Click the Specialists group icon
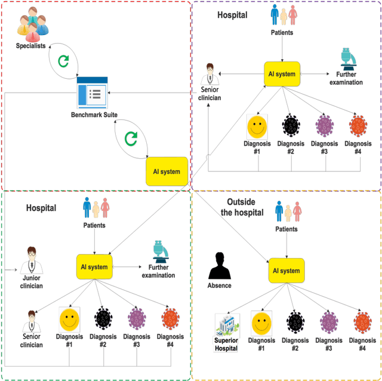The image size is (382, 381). [31, 22]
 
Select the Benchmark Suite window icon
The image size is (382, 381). [93, 92]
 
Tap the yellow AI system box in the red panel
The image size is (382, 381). [167, 171]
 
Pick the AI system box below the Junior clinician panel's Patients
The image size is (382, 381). [95, 266]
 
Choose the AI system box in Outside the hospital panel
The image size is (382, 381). [286, 270]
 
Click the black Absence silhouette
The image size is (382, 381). [220, 266]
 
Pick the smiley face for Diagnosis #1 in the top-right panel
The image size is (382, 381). [257, 127]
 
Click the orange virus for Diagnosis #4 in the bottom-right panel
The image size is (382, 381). [362, 324]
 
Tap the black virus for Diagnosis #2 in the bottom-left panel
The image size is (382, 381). [103, 319]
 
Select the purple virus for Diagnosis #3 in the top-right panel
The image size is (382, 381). [324, 127]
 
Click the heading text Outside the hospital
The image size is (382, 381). [237, 207]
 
